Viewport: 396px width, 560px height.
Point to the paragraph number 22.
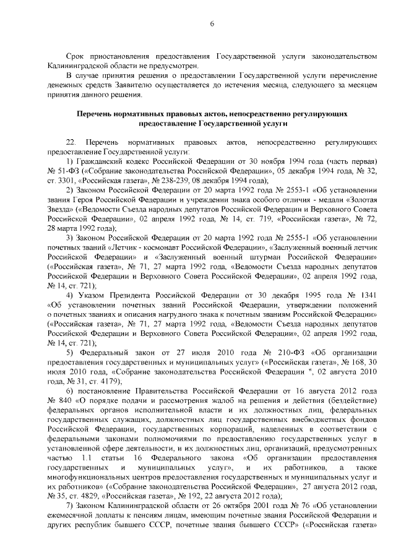pyautogui.click(x=71, y=142)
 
